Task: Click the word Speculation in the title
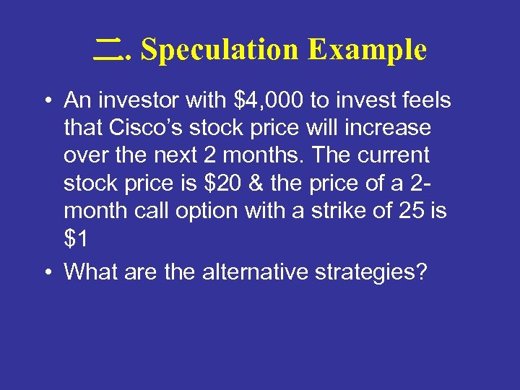(x=220, y=51)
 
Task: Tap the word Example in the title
(x=367, y=51)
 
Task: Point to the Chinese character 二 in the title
(x=108, y=49)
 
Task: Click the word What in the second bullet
(x=91, y=272)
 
